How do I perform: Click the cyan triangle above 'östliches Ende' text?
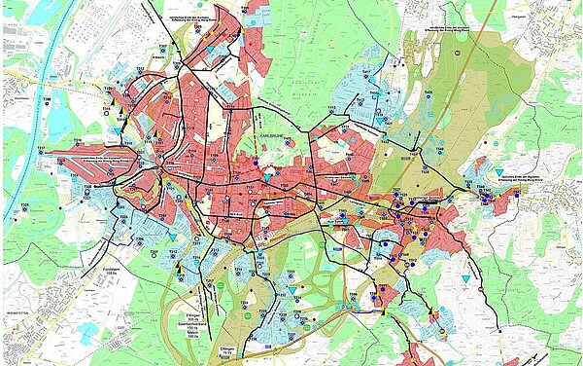499,171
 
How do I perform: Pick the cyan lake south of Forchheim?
87,331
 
